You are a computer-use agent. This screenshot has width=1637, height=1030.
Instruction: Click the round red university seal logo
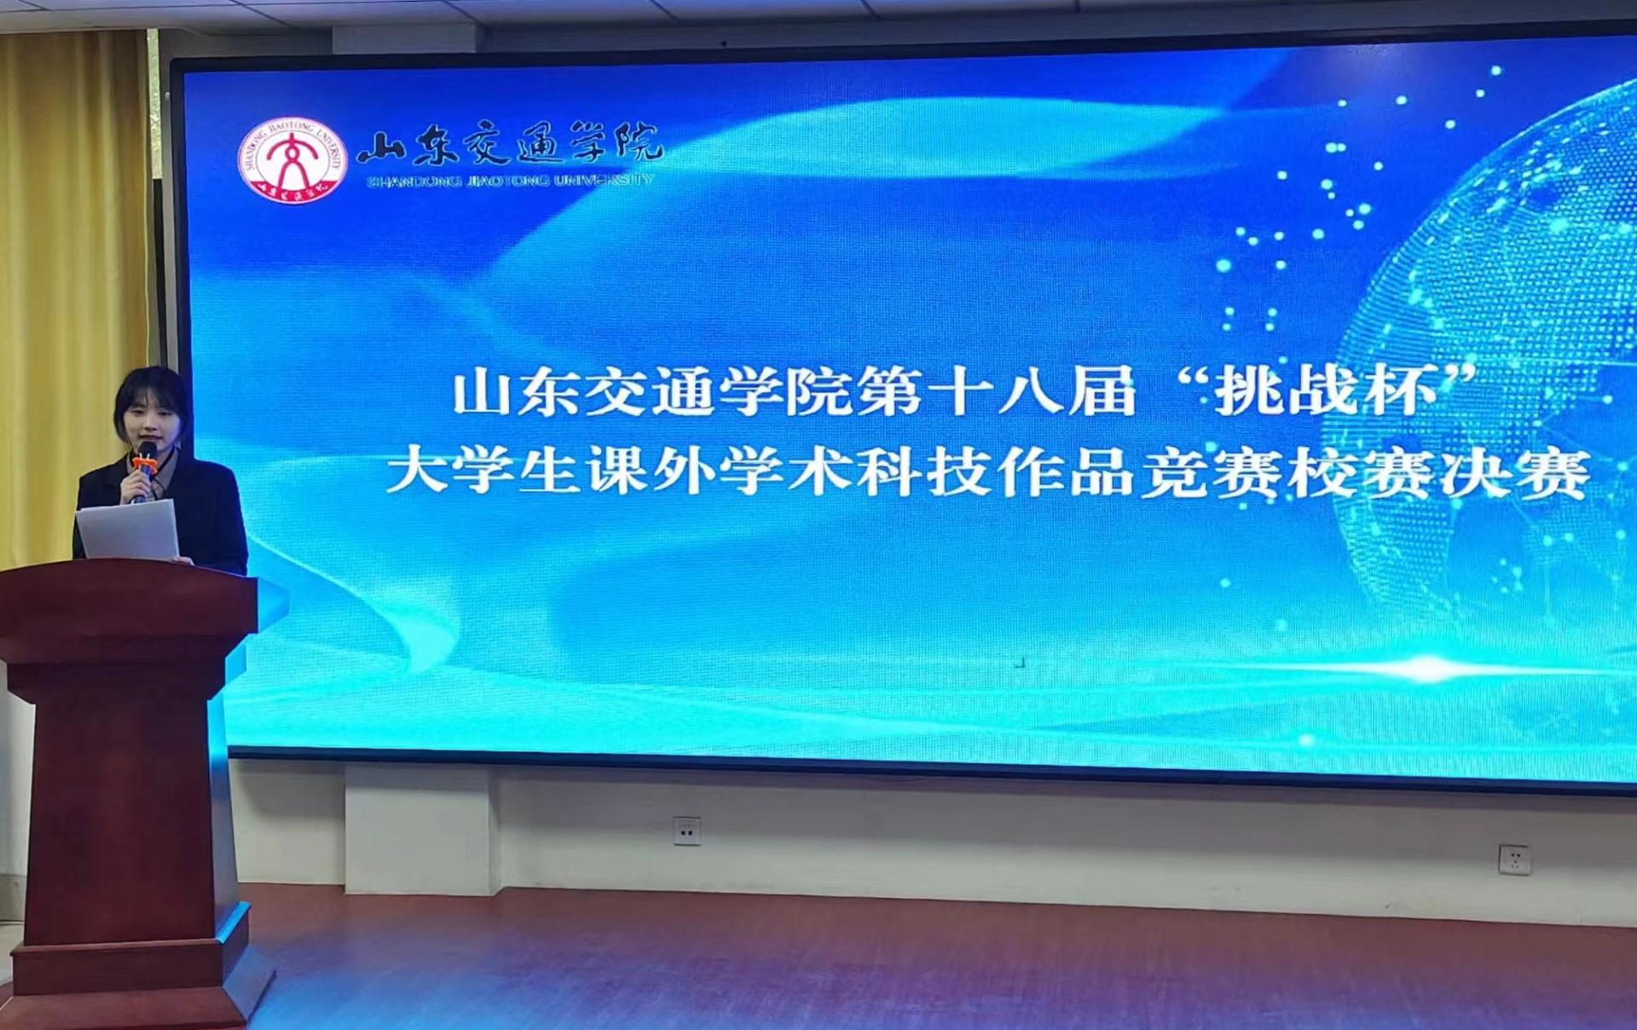click(292, 160)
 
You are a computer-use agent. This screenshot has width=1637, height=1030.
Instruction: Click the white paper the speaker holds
click(129, 529)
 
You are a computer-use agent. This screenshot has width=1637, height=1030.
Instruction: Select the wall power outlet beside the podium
click(686, 830)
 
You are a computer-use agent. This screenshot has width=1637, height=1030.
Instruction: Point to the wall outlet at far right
click(1514, 859)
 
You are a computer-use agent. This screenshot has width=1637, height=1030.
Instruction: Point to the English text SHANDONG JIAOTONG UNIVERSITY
click(510, 180)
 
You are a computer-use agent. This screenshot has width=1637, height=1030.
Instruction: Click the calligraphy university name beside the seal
click(509, 145)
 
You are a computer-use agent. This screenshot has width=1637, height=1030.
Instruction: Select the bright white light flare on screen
click(1432, 669)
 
